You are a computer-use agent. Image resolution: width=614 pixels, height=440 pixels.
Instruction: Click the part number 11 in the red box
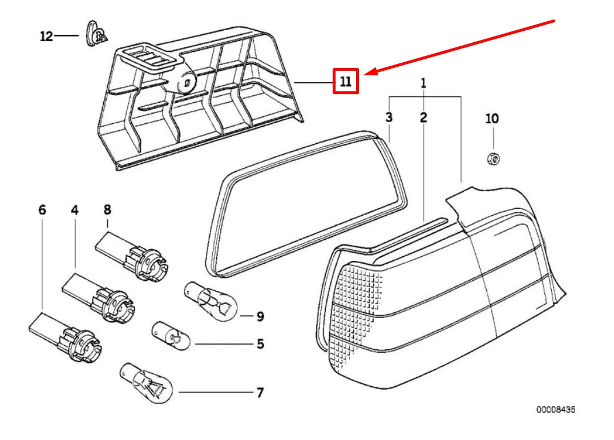coord(345,81)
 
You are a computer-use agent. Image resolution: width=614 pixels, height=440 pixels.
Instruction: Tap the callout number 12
coord(46,37)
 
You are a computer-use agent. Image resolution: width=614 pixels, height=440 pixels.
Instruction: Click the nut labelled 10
coord(492,158)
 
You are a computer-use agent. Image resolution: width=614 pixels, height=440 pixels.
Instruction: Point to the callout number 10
coord(491,119)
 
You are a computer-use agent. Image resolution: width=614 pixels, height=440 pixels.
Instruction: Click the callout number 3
coord(389,118)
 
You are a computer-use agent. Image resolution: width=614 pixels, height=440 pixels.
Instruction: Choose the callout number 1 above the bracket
coord(423,83)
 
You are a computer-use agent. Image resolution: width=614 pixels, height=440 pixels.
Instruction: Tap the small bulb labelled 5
coord(169,336)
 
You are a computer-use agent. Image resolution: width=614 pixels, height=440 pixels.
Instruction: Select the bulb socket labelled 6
coord(70,337)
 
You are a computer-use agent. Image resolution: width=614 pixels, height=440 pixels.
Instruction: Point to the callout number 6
coord(42,211)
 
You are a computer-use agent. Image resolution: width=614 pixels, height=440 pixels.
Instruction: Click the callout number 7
coord(260,393)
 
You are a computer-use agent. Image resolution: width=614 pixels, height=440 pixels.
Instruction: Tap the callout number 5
coord(260,344)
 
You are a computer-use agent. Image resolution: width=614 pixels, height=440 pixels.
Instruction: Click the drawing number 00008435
coord(555,410)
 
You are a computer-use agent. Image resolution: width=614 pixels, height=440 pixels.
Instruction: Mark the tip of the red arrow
coord(366,74)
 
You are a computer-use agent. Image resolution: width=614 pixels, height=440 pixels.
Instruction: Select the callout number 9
coord(260,316)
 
